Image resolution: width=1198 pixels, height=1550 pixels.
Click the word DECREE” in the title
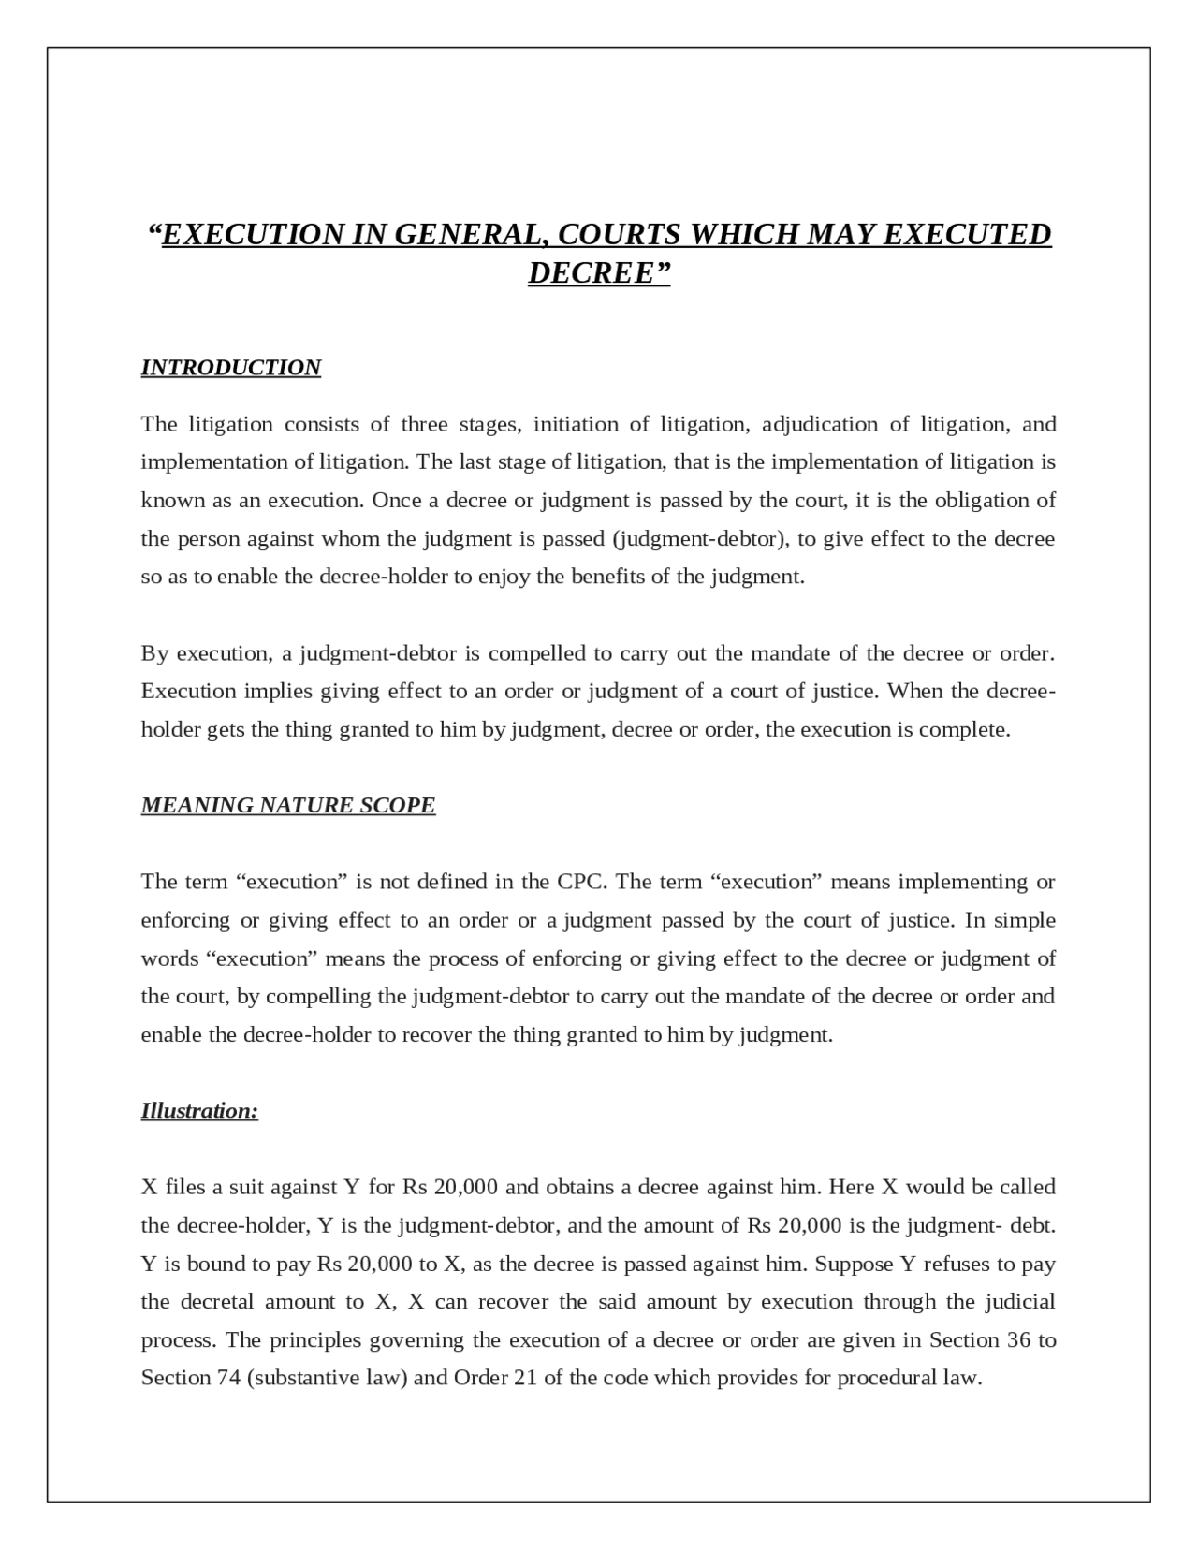tap(600, 273)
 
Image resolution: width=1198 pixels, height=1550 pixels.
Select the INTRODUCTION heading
tap(230, 367)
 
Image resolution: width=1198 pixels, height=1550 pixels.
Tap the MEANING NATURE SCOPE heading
tap(287, 805)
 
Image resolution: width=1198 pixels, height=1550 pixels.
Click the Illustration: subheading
tap(199, 1111)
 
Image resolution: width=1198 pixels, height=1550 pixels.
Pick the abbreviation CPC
tap(581, 882)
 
